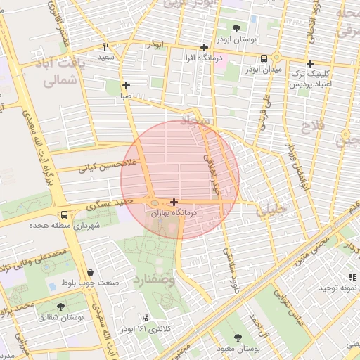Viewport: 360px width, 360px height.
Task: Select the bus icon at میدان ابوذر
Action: point(264,59)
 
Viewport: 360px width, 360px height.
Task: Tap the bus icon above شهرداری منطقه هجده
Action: point(65,214)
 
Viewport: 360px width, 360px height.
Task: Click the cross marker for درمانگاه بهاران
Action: point(174,202)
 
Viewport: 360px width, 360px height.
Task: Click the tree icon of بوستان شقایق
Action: point(61,307)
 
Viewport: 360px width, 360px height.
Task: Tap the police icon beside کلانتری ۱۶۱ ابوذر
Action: point(146,318)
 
